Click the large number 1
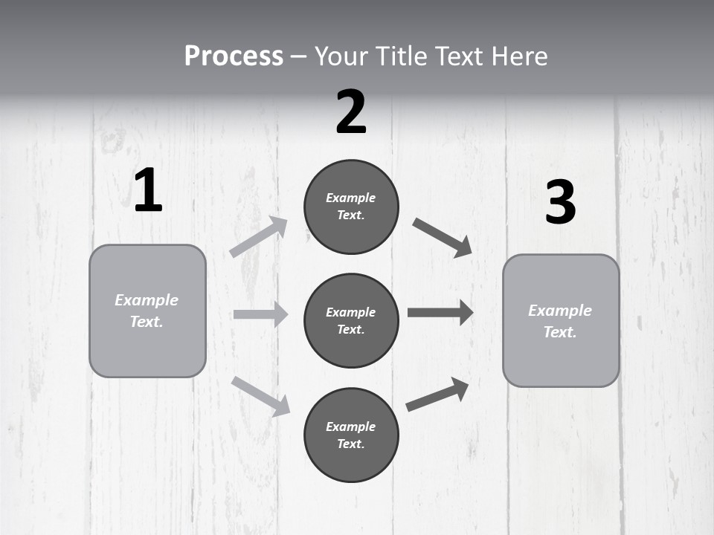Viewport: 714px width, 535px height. click(x=148, y=191)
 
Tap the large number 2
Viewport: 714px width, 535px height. click(x=351, y=112)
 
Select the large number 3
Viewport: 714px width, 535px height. click(x=560, y=203)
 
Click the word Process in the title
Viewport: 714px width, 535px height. click(x=234, y=56)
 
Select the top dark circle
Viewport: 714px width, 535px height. click(x=351, y=207)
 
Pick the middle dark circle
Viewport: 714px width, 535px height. click(x=351, y=320)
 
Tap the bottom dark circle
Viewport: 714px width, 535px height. click(x=351, y=435)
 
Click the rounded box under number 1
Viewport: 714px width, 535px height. click(x=147, y=311)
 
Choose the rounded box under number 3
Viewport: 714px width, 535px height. click(x=561, y=320)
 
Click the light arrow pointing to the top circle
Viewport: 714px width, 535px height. click(x=259, y=237)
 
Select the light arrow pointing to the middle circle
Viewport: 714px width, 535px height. click(x=260, y=314)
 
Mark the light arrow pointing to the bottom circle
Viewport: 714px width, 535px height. click(x=261, y=395)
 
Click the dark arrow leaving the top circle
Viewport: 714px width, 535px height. click(x=443, y=238)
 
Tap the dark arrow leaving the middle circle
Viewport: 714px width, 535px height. click(x=440, y=313)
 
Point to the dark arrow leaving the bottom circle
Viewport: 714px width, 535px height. click(x=437, y=395)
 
